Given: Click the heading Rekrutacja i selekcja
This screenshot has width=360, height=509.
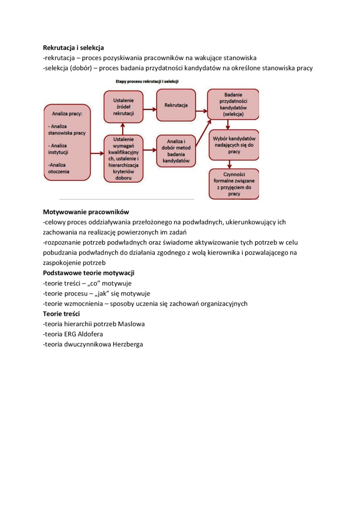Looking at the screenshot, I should coord(73,47).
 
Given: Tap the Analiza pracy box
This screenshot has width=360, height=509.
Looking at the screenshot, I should coord(67,143).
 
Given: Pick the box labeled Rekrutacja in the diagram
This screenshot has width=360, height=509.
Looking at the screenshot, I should coord(176,105).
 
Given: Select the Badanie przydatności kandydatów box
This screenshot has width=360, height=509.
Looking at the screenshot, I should coord(234,104).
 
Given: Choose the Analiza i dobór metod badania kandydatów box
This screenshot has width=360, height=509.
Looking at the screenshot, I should coord(176,151).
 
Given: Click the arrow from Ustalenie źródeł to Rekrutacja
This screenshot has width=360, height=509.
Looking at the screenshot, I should coord(150,109).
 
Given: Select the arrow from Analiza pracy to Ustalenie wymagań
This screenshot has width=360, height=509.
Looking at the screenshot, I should coord(97,153).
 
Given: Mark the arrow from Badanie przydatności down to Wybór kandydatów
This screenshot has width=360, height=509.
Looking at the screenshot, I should coord(228,125).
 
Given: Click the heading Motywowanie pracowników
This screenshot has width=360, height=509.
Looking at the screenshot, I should coord(86,212).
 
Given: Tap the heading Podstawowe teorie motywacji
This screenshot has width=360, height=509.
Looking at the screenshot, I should coord(89,273).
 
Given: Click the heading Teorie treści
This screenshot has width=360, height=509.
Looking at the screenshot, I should coord(62,314).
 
